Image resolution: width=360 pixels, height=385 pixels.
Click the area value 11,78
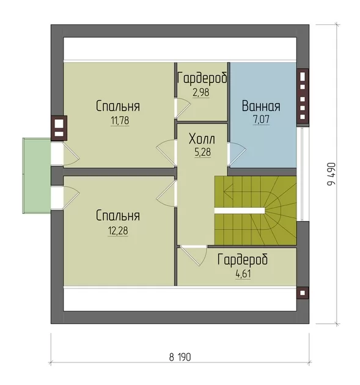click(x=120, y=120)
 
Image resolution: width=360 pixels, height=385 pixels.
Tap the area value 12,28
click(x=118, y=231)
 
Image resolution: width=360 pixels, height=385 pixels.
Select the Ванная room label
click(x=261, y=106)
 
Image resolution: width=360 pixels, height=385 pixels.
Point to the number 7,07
click(x=261, y=120)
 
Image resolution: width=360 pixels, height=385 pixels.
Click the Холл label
click(x=202, y=139)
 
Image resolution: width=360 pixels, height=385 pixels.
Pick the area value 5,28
click(x=202, y=152)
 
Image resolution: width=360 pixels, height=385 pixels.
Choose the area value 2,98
click(x=201, y=93)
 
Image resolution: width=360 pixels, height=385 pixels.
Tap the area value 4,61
click(x=243, y=274)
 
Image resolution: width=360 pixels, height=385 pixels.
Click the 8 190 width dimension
click(x=180, y=358)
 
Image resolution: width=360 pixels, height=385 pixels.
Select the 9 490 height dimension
click(x=331, y=174)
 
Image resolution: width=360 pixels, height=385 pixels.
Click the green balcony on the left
click(x=37, y=175)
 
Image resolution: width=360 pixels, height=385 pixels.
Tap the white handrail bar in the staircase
click(x=240, y=211)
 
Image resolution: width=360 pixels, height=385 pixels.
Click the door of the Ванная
click(x=237, y=154)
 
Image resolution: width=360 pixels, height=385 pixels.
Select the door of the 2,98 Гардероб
click(x=183, y=108)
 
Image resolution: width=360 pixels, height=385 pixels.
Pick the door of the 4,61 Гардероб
click(x=194, y=255)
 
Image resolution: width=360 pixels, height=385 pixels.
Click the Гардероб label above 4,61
click(x=243, y=260)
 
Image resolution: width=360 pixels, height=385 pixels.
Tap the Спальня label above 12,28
click(x=118, y=216)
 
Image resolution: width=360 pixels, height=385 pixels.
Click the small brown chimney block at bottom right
click(x=303, y=293)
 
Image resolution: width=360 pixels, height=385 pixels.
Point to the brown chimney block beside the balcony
click(x=59, y=128)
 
